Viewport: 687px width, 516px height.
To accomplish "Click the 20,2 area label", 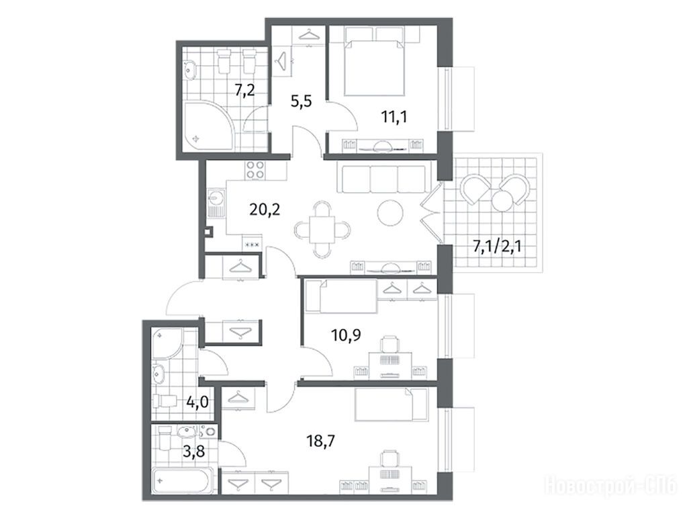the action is coord(264,210).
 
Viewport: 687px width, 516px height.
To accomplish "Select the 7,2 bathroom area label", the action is coord(245,91).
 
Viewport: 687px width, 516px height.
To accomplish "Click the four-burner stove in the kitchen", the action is coord(255,170).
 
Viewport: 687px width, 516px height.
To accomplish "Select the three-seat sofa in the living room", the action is coord(381,177).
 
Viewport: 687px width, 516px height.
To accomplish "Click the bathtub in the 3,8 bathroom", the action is coord(182,481).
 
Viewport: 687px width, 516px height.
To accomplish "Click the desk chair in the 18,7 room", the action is coord(390,460).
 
